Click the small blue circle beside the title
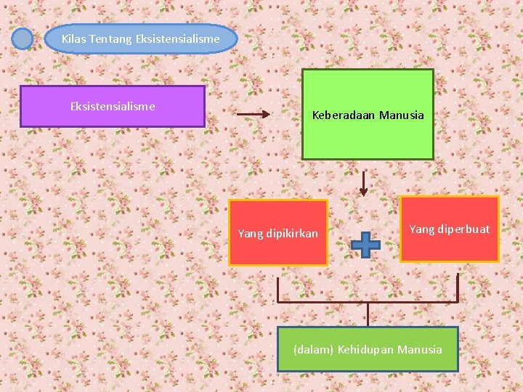23,38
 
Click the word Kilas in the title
73,38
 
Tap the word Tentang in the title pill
110,38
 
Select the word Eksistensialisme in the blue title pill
177,38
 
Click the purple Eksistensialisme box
112,107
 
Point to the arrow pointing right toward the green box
254,115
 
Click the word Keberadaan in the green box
341,115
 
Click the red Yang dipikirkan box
277,232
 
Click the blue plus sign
365,245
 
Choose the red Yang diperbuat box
449,229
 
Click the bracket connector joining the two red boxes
368,301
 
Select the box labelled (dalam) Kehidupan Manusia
368,349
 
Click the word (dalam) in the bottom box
313,350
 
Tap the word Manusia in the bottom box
420,350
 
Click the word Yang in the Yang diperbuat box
421,229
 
